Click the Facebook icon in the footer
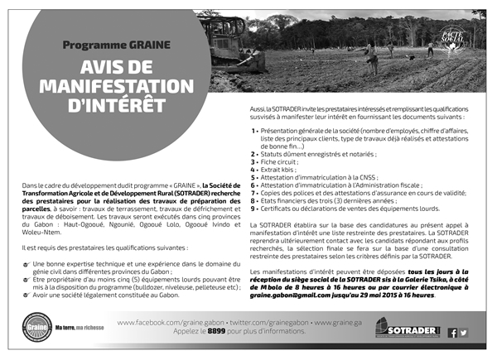click(x=452, y=333)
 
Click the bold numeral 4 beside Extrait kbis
click(x=253, y=169)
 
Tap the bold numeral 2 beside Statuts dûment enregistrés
click(x=253, y=153)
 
